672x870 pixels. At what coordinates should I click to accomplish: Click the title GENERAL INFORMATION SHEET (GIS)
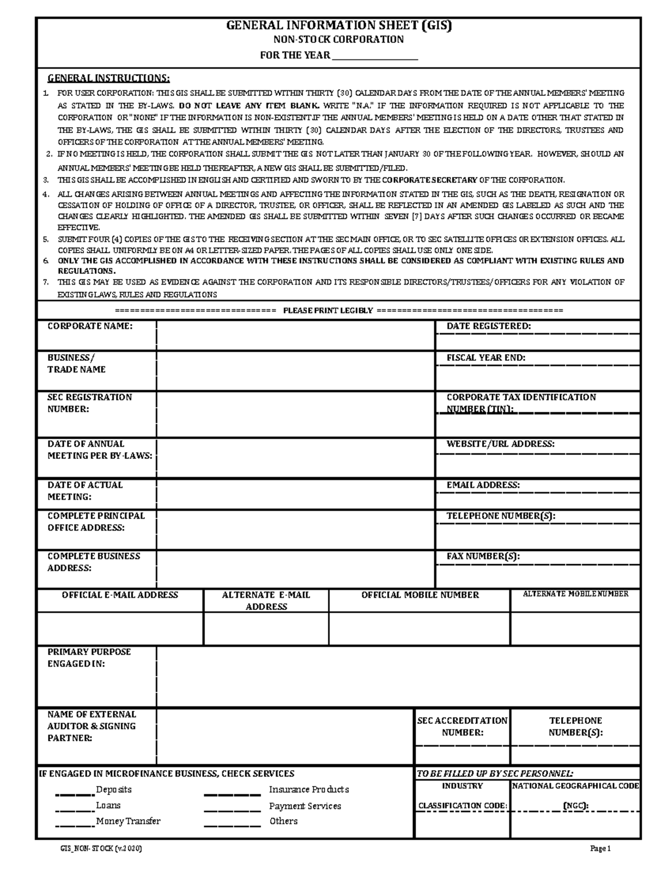[x=338, y=25]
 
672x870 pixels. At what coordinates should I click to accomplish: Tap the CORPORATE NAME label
[x=90, y=326]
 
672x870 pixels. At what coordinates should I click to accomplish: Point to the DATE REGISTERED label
[x=488, y=326]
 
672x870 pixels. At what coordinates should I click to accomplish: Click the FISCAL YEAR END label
[x=486, y=357]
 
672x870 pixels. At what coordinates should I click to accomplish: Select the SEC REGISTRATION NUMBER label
[x=90, y=403]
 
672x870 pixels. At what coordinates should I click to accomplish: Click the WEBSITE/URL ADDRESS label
[x=500, y=444]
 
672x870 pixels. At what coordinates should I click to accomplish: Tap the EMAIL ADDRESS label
[x=483, y=485]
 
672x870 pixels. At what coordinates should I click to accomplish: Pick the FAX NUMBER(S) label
[x=483, y=556]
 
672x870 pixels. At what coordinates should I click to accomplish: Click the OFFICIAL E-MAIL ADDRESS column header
[x=120, y=595]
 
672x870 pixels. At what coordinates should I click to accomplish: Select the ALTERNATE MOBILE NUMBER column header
[x=575, y=594]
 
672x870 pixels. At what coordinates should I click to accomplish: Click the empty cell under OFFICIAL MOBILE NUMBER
[x=419, y=629]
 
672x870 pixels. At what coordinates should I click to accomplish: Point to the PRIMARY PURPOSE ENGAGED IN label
[x=88, y=658]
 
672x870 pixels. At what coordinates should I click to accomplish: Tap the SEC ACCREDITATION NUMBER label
[x=462, y=726]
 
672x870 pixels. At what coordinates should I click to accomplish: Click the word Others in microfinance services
[x=283, y=821]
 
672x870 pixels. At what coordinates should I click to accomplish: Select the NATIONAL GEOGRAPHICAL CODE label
[x=575, y=786]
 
